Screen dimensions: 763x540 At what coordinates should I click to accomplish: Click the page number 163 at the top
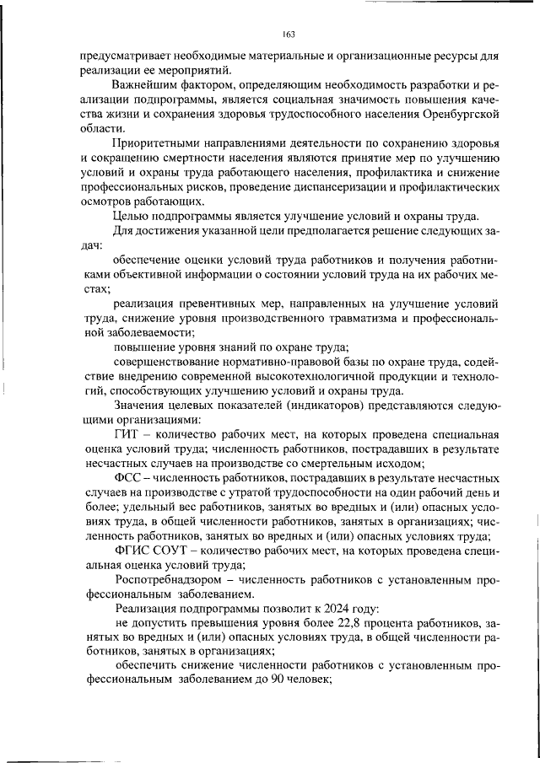(x=288, y=34)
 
